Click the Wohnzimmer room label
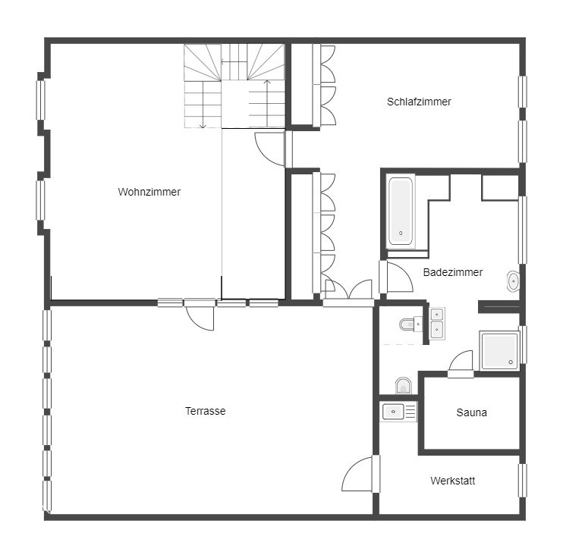[x=149, y=192]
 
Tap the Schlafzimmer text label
[x=419, y=102]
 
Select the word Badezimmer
[x=453, y=272]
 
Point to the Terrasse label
[x=206, y=411]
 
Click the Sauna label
[x=471, y=412]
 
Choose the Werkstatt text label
[x=453, y=481]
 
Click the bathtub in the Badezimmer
[x=401, y=212]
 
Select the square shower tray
[x=499, y=350]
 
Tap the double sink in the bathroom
[x=437, y=323]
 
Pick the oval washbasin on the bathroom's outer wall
[x=513, y=281]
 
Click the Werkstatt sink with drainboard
[x=398, y=412]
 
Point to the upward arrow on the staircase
[x=267, y=103]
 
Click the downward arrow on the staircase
[x=203, y=105]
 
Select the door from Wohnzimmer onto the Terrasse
[x=200, y=315]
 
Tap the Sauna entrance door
[x=461, y=363]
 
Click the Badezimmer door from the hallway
[x=396, y=277]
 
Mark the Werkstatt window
[x=522, y=481]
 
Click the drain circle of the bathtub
[x=401, y=234]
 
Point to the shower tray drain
[x=511, y=362]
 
